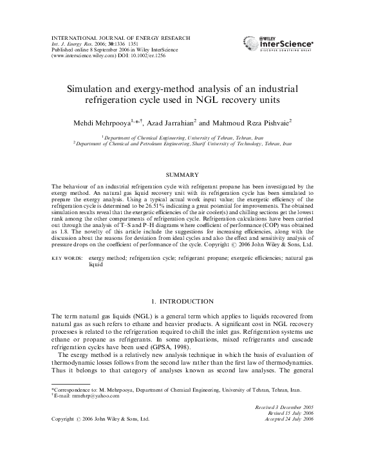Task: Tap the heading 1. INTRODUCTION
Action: [182, 301]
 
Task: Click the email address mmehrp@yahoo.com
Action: [82, 396]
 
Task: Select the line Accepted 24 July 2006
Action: [298, 419]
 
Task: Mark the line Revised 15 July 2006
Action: [302, 414]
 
